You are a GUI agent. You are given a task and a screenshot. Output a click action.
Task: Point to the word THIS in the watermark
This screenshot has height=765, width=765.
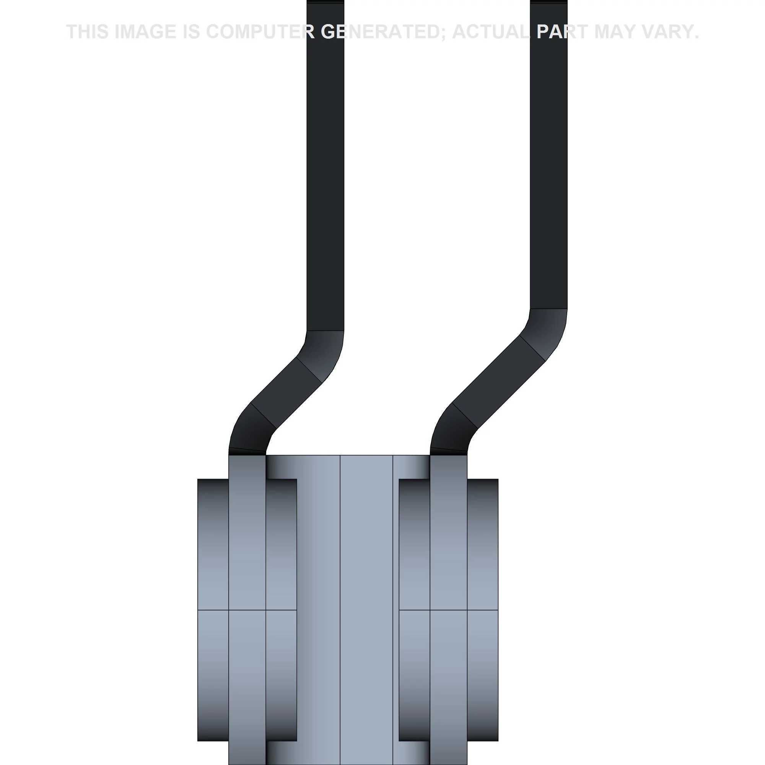pos(88,32)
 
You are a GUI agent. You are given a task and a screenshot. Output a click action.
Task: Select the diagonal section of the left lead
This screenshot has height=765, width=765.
pos(286,392)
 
